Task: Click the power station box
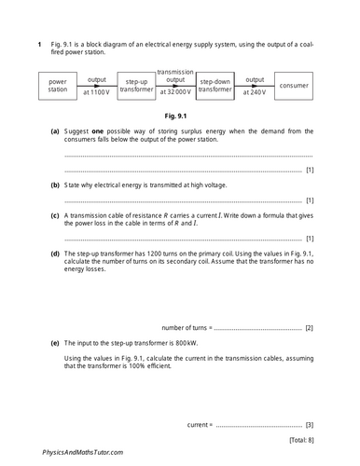coord(58,87)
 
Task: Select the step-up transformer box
coord(136,87)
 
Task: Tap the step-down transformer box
coord(215,87)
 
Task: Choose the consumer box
coord(294,87)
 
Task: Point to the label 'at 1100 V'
coord(97,92)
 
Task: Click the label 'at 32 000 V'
coord(175,92)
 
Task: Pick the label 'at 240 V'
coord(254,92)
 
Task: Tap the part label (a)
coord(55,133)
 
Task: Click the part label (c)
coord(55,214)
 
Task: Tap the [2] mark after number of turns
coord(309,327)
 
